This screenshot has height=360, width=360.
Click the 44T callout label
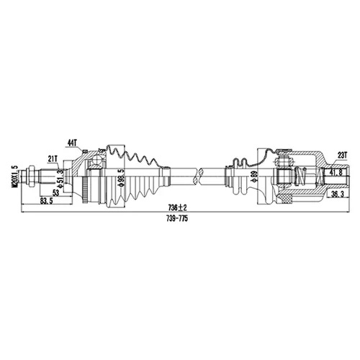click(72, 143)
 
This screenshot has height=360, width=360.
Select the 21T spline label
click(53, 158)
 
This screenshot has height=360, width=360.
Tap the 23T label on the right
click(343, 156)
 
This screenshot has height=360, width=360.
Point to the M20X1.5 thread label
click(16, 176)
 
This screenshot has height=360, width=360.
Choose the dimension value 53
click(55, 193)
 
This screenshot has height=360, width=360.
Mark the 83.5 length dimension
click(46, 201)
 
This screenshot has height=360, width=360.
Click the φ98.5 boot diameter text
click(122, 178)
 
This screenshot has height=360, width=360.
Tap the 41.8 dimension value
click(336, 173)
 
